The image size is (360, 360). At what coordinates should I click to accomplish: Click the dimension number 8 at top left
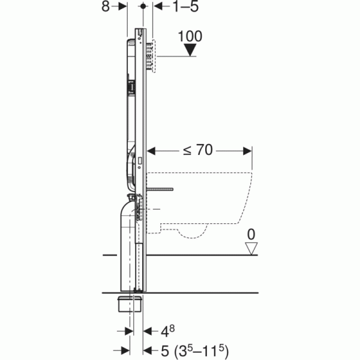[106, 7]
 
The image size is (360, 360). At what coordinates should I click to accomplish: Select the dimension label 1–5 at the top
[185, 7]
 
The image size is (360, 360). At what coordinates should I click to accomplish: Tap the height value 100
[190, 36]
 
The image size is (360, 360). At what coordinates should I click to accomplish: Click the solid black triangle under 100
[190, 50]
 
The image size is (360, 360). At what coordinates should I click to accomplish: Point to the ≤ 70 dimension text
[197, 150]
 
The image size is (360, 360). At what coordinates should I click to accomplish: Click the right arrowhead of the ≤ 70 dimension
[247, 151]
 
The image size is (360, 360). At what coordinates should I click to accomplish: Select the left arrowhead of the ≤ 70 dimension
[151, 151]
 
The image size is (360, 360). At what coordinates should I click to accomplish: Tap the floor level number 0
[251, 235]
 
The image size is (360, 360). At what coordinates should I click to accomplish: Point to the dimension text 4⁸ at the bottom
[167, 331]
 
